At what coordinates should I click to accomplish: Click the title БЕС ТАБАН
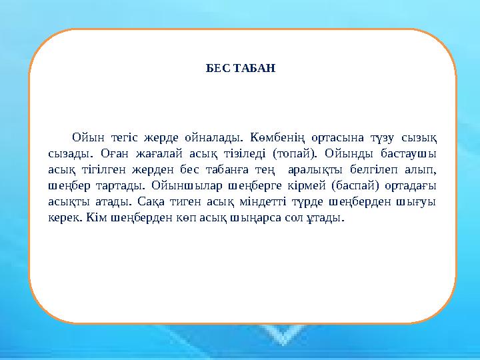click(240, 68)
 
